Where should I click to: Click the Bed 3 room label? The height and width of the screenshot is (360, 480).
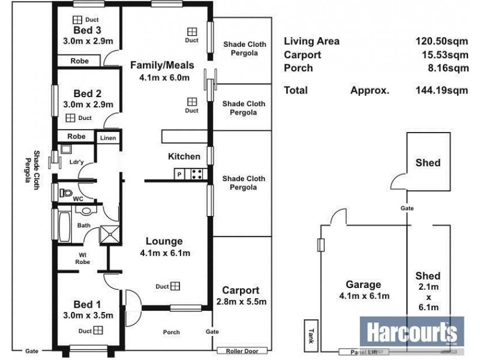[87, 31]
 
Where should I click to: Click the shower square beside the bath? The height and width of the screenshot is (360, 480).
[109, 233]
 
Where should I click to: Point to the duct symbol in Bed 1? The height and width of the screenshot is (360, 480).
[97, 329]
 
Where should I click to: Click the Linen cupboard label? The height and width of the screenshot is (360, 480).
[108, 138]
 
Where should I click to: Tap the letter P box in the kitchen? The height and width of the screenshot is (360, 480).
[179, 175]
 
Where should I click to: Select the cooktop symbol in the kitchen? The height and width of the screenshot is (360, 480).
[196, 175]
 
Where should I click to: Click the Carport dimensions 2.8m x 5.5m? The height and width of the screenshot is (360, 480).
[241, 301]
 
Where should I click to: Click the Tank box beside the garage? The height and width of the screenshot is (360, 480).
[311, 333]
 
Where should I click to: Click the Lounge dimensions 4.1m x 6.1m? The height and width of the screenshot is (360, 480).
[165, 253]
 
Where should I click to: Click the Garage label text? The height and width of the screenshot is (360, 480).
[364, 284]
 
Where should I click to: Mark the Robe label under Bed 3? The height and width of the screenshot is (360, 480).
[79, 61]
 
